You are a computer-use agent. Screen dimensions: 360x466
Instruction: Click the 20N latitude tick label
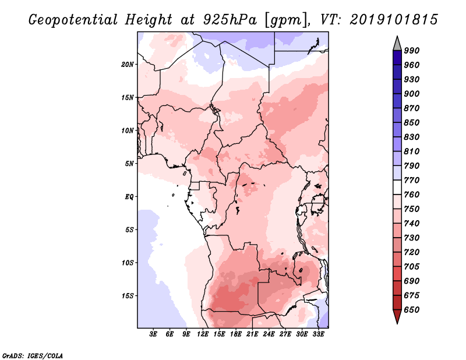[128, 64]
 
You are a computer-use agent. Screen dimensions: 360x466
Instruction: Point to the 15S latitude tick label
[128, 296]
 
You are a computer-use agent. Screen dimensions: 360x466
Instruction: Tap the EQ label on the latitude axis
[130, 197]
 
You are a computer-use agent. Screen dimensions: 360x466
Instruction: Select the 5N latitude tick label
[129, 164]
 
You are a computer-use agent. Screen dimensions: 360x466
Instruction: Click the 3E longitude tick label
[154, 334]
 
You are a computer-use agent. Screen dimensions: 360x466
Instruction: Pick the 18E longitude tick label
[236, 334]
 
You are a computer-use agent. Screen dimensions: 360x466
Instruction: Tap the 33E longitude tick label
[318, 334]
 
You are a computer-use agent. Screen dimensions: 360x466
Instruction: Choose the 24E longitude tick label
[269, 334]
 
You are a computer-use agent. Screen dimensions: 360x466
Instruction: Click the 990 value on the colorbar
[412, 51]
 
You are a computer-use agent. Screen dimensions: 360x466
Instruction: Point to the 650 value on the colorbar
[412, 310]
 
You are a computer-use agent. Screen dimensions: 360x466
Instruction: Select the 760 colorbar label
[412, 195]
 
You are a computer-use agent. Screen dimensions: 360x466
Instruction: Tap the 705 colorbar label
[412, 267]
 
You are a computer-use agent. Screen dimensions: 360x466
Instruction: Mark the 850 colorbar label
[412, 123]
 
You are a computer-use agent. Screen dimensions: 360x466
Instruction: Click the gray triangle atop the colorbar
[397, 43]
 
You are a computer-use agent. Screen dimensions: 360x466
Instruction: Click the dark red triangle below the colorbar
[397, 316]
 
